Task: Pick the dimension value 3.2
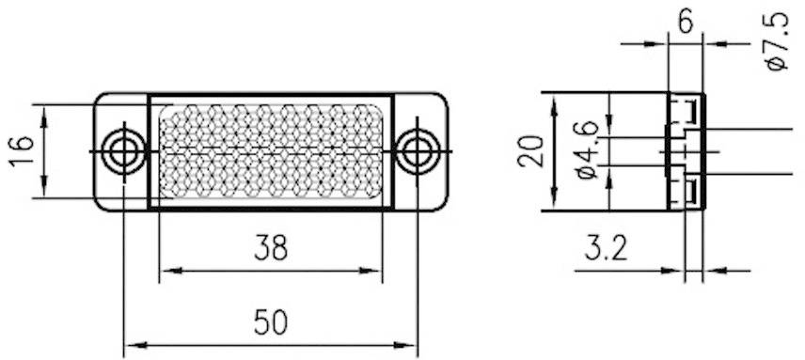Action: pyautogui.click(x=607, y=248)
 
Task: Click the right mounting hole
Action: pyautogui.click(x=417, y=150)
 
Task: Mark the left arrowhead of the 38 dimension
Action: pyautogui.click(x=166, y=272)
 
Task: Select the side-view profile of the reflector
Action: pyautogui.click(x=686, y=150)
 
